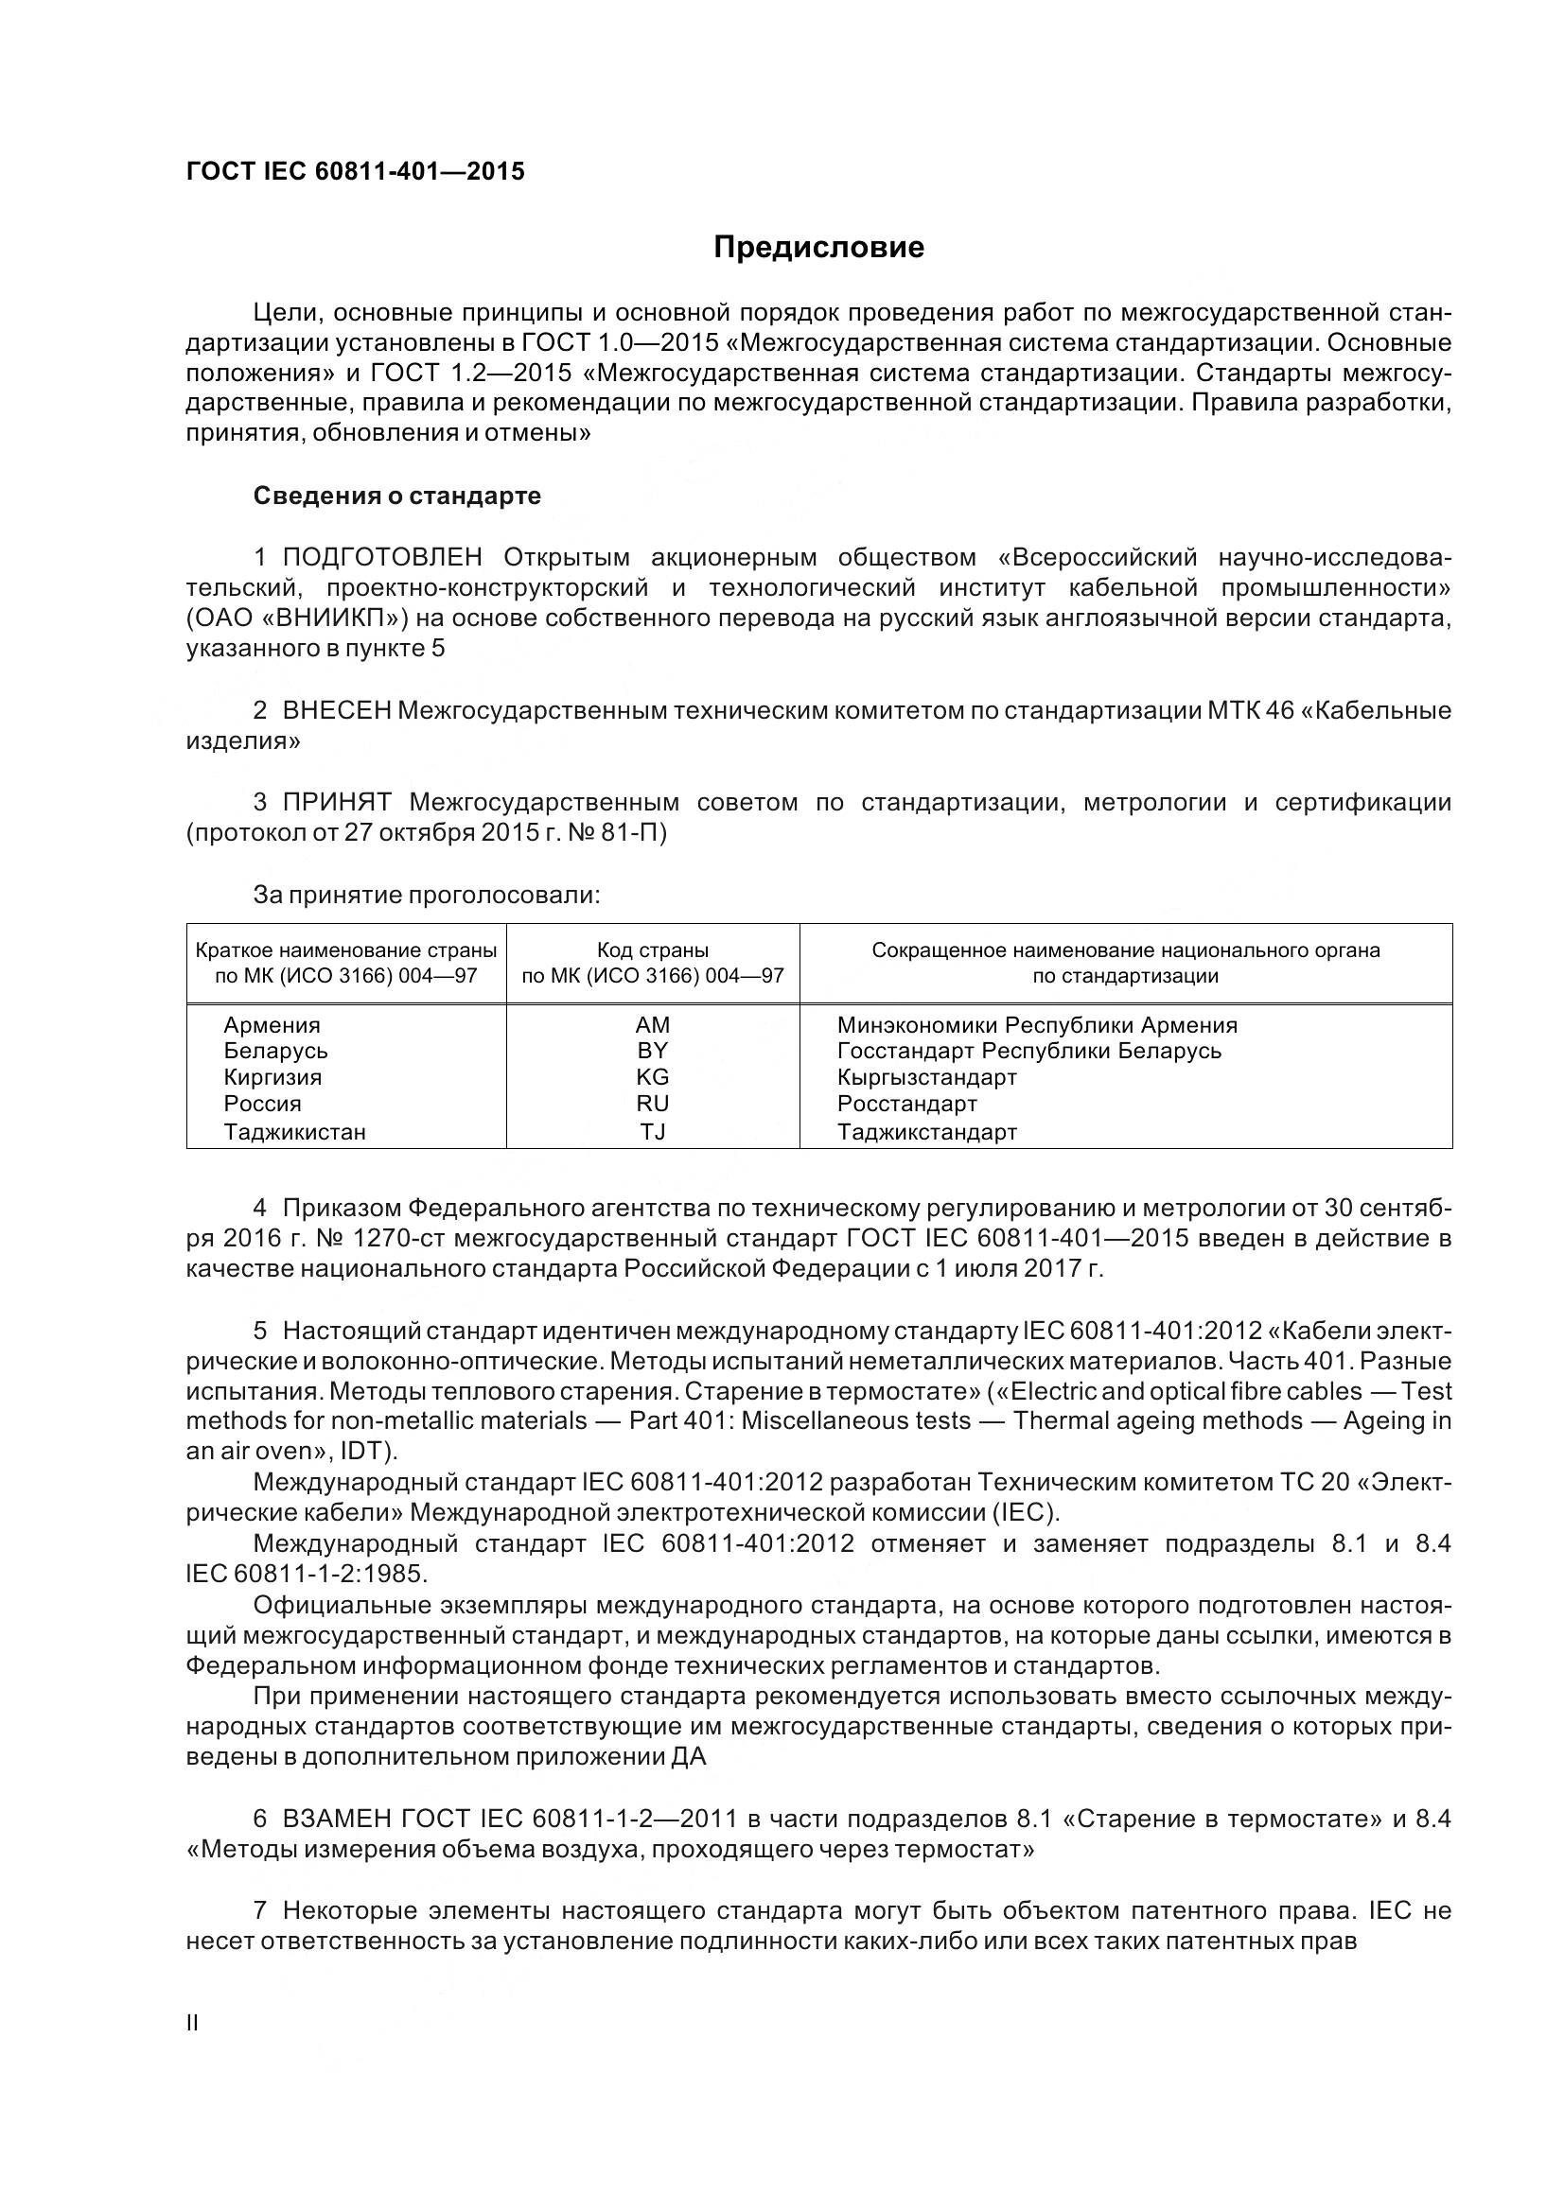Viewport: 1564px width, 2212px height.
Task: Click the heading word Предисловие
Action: coord(818,248)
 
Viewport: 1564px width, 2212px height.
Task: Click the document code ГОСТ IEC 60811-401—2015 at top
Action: coord(356,171)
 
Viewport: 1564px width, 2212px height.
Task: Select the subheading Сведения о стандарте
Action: coord(397,496)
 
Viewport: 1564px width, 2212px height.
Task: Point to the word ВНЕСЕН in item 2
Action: coord(336,710)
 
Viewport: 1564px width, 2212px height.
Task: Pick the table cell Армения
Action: coord(272,1025)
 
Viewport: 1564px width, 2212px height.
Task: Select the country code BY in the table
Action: coord(653,1051)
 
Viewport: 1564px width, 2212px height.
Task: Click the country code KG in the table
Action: coord(653,1077)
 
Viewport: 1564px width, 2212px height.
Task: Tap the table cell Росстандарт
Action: coord(906,1104)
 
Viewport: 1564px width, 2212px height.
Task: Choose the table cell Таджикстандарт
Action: coord(927,1132)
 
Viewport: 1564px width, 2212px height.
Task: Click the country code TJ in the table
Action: coord(653,1132)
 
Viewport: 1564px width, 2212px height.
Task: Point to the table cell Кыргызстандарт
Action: coord(927,1077)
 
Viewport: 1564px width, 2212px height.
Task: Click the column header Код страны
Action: coord(653,949)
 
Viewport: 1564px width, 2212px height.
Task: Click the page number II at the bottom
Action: coord(192,2023)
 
